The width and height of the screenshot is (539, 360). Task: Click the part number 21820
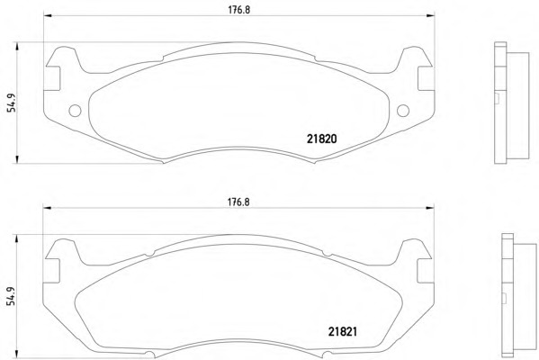[321, 139]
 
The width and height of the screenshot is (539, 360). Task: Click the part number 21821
[342, 331]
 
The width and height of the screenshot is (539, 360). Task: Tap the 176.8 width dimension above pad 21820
[239, 10]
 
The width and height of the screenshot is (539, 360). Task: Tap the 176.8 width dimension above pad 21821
[238, 202]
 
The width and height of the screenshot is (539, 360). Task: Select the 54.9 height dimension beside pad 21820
[13, 103]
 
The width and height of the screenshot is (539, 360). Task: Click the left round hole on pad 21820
[75, 111]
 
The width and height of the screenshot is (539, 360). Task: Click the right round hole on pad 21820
[403, 111]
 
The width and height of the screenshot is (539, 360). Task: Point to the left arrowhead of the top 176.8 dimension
[48, 15]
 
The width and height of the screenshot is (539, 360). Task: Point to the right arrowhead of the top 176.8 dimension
[430, 15]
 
